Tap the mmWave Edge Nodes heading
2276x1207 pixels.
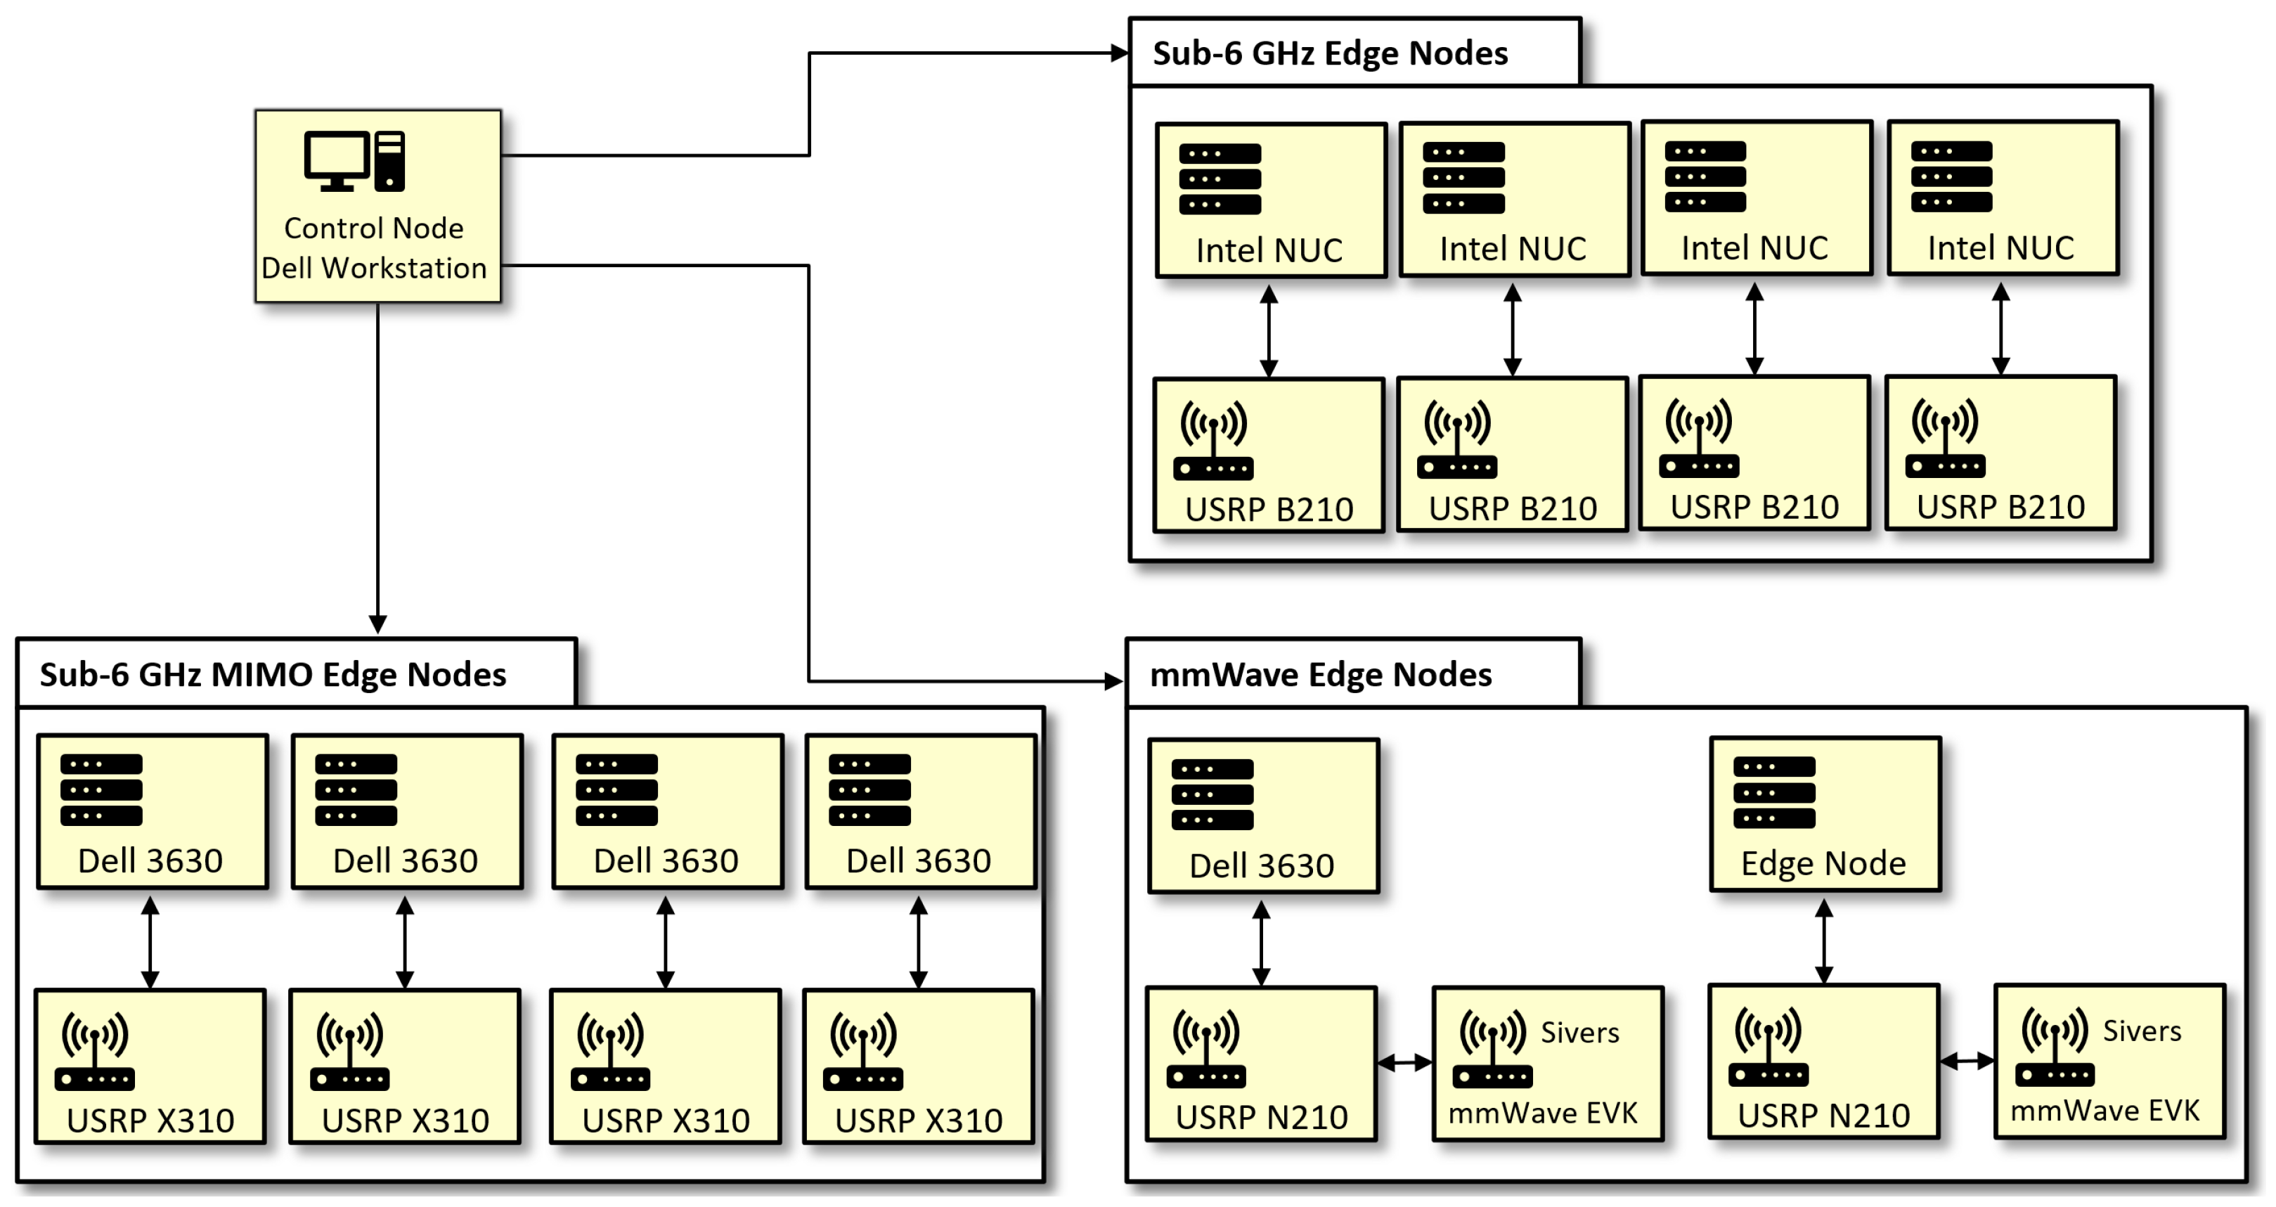1320,675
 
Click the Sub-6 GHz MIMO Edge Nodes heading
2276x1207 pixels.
273,675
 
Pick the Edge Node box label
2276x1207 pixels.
1823,863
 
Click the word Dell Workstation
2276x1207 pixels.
374,268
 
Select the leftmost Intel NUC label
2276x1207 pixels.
1269,251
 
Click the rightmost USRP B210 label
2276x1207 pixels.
2000,507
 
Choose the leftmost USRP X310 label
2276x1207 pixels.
150,1121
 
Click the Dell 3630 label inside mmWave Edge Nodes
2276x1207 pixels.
1261,866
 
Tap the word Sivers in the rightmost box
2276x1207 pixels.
2141,1031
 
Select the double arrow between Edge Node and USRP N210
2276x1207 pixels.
1823,942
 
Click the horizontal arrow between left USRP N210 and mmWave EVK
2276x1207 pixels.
1404,1063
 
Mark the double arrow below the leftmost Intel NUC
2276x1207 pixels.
1269,331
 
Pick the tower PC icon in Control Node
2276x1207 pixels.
389,161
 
